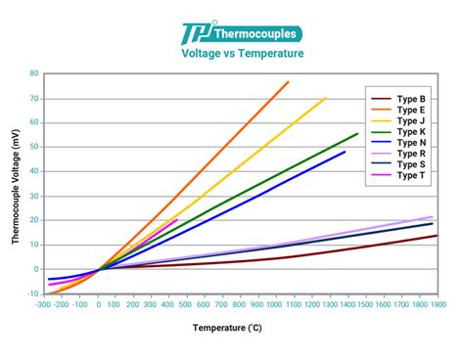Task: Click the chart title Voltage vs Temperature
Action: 242,55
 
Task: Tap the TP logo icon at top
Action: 194,35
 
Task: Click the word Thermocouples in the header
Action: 253,34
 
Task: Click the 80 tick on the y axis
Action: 34,73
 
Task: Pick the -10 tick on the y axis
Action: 32,293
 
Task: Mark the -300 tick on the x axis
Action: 44,304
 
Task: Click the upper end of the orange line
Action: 289,82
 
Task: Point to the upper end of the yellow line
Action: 325,98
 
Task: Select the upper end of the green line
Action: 357,134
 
